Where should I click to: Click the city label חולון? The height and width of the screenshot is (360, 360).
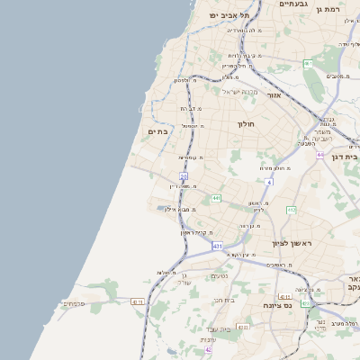point(247,124)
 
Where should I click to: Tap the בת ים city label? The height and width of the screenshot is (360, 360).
point(157,131)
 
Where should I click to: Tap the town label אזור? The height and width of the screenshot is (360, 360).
point(274,94)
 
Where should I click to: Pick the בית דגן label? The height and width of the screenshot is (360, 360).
point(344,157)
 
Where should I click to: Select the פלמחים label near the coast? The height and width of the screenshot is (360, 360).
point(74,303)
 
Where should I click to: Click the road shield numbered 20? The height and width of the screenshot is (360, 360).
point(183,177)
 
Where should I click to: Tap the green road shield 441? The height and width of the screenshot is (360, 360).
point(216,198)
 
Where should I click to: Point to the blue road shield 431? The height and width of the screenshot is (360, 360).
point(217,245)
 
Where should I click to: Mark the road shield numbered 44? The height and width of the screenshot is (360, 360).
point(319,155)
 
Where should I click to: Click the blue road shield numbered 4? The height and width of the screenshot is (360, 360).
point(268,182)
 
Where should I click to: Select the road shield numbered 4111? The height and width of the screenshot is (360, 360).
point(284,296)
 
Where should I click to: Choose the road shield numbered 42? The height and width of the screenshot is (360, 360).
point(208,350)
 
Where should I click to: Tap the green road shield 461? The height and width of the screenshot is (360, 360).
point(308,63)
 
